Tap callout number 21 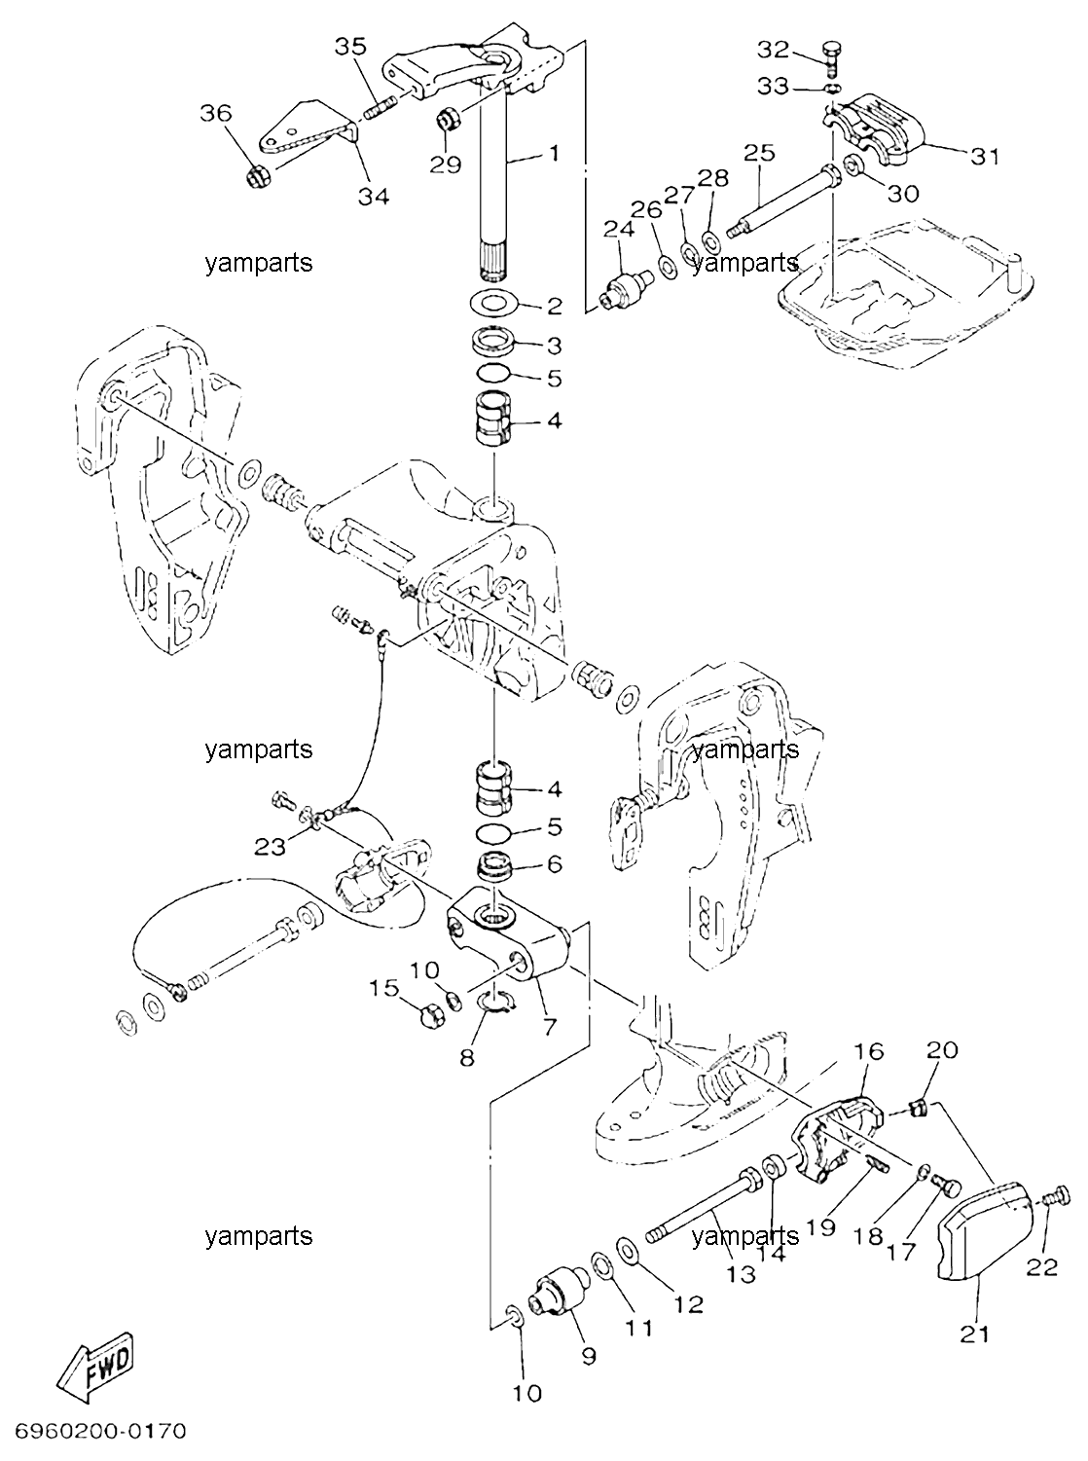pyautogui.click(x=975, y=1330)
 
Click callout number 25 pyautogui.click(x=759, y=154)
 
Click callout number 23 pyautogui.click(x=270, y=847)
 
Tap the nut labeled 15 pyautogui.click(x=432, y=1016)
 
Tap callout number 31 pyautogui.click(x=985, y=157)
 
